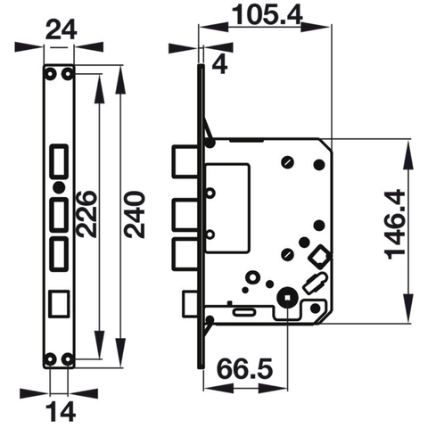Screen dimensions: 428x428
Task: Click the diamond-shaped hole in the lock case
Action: coord(318,258)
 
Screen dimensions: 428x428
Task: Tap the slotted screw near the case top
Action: coord(286,161)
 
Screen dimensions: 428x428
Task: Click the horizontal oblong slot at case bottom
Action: coord(244,312)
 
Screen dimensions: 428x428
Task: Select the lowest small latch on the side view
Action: coord(189,305)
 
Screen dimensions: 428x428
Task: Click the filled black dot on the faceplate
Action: coord(58,188)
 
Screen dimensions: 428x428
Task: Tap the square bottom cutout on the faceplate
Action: coord(59,301)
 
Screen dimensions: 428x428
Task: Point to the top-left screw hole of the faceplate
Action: coord(51,73)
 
